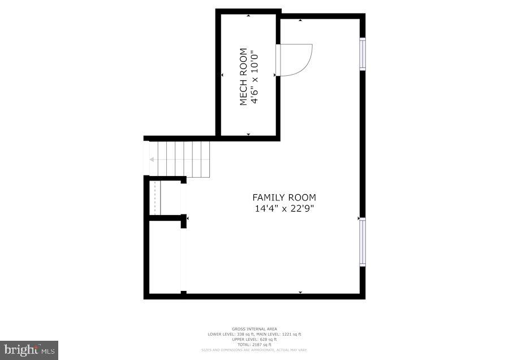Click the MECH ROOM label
(243, 77)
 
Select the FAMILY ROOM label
(284, 198)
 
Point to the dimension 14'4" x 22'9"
(284, 208)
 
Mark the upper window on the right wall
(363, 54)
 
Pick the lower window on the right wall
(363, 242)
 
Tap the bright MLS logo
(29, 350)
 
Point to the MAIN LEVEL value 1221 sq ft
(291, 334)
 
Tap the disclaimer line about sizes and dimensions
(254, 350)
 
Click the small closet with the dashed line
(156, 198)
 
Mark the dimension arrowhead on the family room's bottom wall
(300, 292)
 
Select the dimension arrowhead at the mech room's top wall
(249, 16)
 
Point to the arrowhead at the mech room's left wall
(222, 75)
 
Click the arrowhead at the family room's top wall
(300, 20)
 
